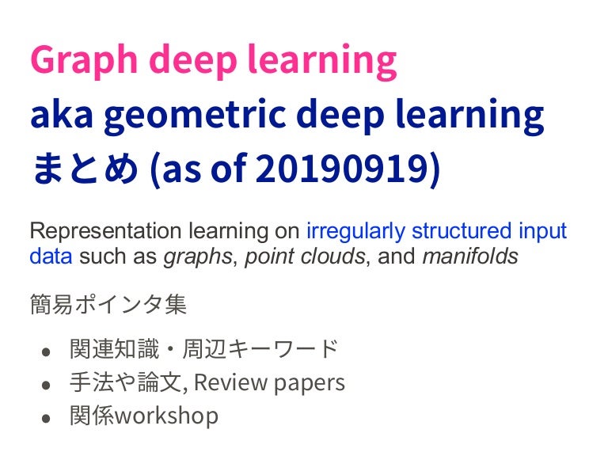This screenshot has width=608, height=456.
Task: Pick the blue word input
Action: (x=542, y=232)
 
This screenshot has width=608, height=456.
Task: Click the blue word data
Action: (x=51, y=256)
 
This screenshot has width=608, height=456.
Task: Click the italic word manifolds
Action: (x=470, y=256)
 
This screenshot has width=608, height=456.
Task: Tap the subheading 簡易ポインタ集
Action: (x=108, y=304)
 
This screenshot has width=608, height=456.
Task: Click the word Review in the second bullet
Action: (x=229, y=382)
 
